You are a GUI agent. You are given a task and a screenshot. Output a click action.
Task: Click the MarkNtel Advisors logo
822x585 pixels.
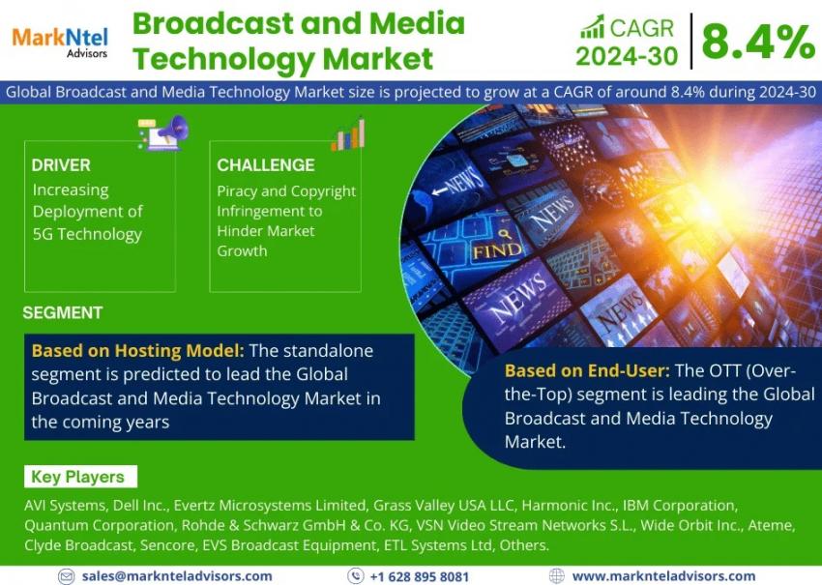[x=60, y=42]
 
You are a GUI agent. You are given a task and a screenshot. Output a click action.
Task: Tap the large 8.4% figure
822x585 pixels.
[x=758, y=42]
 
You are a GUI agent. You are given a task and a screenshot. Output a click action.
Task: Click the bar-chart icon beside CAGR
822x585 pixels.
[x=593, y=27]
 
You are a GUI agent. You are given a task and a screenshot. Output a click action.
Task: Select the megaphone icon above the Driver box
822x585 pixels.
[x=163, y=132]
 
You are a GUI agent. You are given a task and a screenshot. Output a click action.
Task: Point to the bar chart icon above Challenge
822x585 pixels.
[x=348, y=133]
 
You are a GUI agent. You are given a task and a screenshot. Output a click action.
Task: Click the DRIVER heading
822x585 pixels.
[x=61, y=165]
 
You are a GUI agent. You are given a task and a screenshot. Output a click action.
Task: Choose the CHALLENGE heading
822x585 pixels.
[x=266, y=165]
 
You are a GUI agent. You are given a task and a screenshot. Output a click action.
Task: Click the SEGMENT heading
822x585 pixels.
[x=63, y=313]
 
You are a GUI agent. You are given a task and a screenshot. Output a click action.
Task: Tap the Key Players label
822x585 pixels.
[x=77, y=477]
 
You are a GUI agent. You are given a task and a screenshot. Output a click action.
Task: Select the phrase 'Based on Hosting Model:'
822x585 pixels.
[x=138, y=350]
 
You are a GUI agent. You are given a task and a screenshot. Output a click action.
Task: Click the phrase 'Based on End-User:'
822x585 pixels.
[x=587, y=370]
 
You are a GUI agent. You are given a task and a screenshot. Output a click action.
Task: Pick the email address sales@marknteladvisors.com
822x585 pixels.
[x=177, y=576]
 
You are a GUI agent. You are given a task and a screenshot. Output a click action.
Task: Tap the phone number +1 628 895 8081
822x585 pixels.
[x=419, y=576]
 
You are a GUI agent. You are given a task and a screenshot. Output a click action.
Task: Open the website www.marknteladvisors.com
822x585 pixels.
[x=663, y=576]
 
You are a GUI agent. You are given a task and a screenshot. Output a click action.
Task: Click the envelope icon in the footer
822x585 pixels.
[x=66, y=576]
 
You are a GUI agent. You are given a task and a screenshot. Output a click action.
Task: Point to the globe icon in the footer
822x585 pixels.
[x=556, y=576]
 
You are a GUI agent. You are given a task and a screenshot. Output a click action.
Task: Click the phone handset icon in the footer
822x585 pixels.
[x=356, y=575]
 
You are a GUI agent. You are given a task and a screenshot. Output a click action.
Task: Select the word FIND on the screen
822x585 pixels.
[x=497, y=250]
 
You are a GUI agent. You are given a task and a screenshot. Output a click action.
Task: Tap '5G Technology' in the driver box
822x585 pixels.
[x=88, y=234]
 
